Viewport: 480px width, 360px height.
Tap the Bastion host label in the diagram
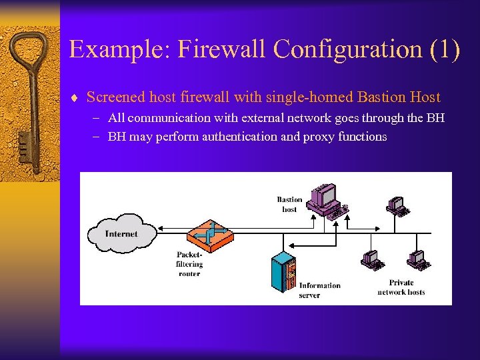pos(289,204)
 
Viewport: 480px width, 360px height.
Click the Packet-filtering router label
pos(189,264)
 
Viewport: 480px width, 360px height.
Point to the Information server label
pos(319,290)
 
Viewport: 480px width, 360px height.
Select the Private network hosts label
pos(401,287)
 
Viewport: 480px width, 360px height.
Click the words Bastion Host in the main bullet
pos(399,97)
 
